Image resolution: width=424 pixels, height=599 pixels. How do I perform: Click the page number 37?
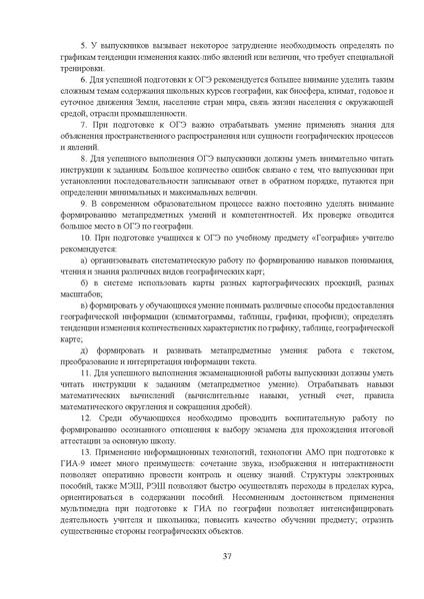pyautogui.click(x=212, y=557)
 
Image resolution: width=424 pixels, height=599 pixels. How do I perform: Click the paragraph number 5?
pyautogui.click(x=83, y=49)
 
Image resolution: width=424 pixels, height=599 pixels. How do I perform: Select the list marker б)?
pyautogui.click(x=84, y=284)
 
